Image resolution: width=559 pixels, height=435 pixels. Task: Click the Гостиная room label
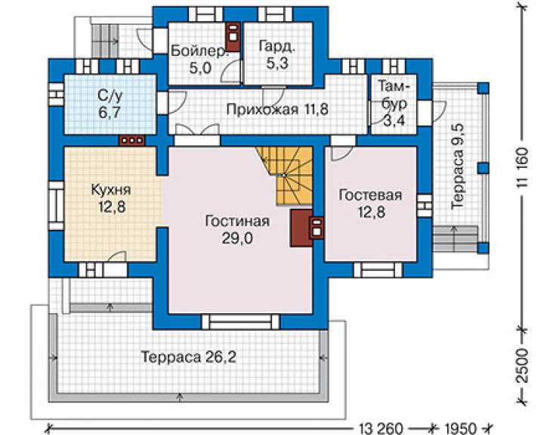pos(237,221)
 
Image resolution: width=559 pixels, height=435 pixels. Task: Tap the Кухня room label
pos(111,190)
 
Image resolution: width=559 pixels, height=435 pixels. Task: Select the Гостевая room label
pos(371,195)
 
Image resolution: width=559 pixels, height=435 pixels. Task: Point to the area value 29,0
pos(237,238)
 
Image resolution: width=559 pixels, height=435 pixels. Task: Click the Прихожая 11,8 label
pos(277,109)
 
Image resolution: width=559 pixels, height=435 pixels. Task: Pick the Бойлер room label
pos(199,51)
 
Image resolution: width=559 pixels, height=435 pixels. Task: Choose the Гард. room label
pos(277,47)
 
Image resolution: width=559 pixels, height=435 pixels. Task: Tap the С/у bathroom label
pos(110,95)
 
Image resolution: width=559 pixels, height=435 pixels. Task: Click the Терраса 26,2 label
pos(189,356)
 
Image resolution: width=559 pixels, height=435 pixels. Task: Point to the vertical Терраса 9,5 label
pos(457,166)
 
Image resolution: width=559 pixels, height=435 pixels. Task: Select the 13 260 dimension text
pos(381,428)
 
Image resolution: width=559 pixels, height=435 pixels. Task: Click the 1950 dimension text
pos(460,428)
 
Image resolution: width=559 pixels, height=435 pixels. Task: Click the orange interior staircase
pos(289,175)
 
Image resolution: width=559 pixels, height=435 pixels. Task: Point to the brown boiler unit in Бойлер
pos(233,37)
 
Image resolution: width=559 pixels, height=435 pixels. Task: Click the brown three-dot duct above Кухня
pos(132,141)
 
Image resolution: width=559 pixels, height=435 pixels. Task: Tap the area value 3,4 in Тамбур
pos(394,120)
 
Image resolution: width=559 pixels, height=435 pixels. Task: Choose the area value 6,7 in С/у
pos(110,113)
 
